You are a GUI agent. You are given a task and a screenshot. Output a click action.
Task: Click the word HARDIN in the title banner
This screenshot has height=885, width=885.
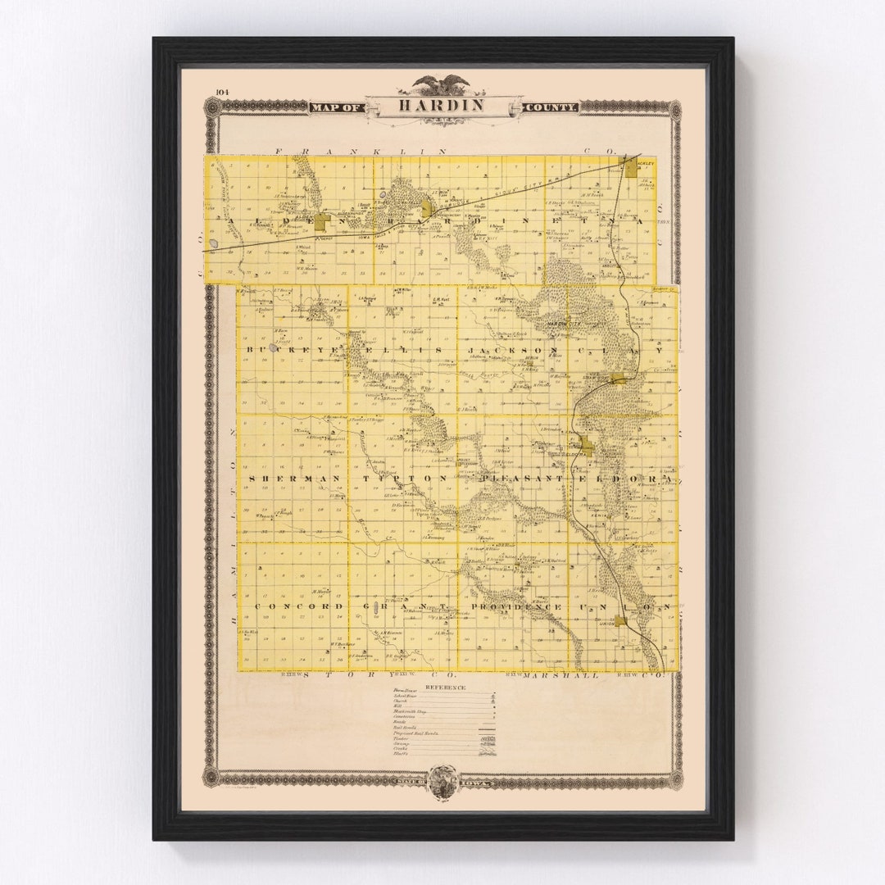pos(442,106)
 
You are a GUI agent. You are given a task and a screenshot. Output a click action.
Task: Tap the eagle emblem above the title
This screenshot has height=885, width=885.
pos(442,84)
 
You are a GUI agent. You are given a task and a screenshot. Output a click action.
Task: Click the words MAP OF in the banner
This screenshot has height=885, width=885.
pos(336,107)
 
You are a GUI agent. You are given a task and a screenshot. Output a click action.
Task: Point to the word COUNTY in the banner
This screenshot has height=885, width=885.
pos(551,107)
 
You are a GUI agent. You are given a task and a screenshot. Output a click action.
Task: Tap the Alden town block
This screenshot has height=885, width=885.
pos(321,221)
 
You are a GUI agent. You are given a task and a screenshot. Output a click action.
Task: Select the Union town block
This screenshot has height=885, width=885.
pos(621,620)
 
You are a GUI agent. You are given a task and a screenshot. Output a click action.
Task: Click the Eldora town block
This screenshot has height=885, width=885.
pos(587,447)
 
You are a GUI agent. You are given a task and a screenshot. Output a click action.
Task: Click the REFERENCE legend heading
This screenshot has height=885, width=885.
pos(445,688)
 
